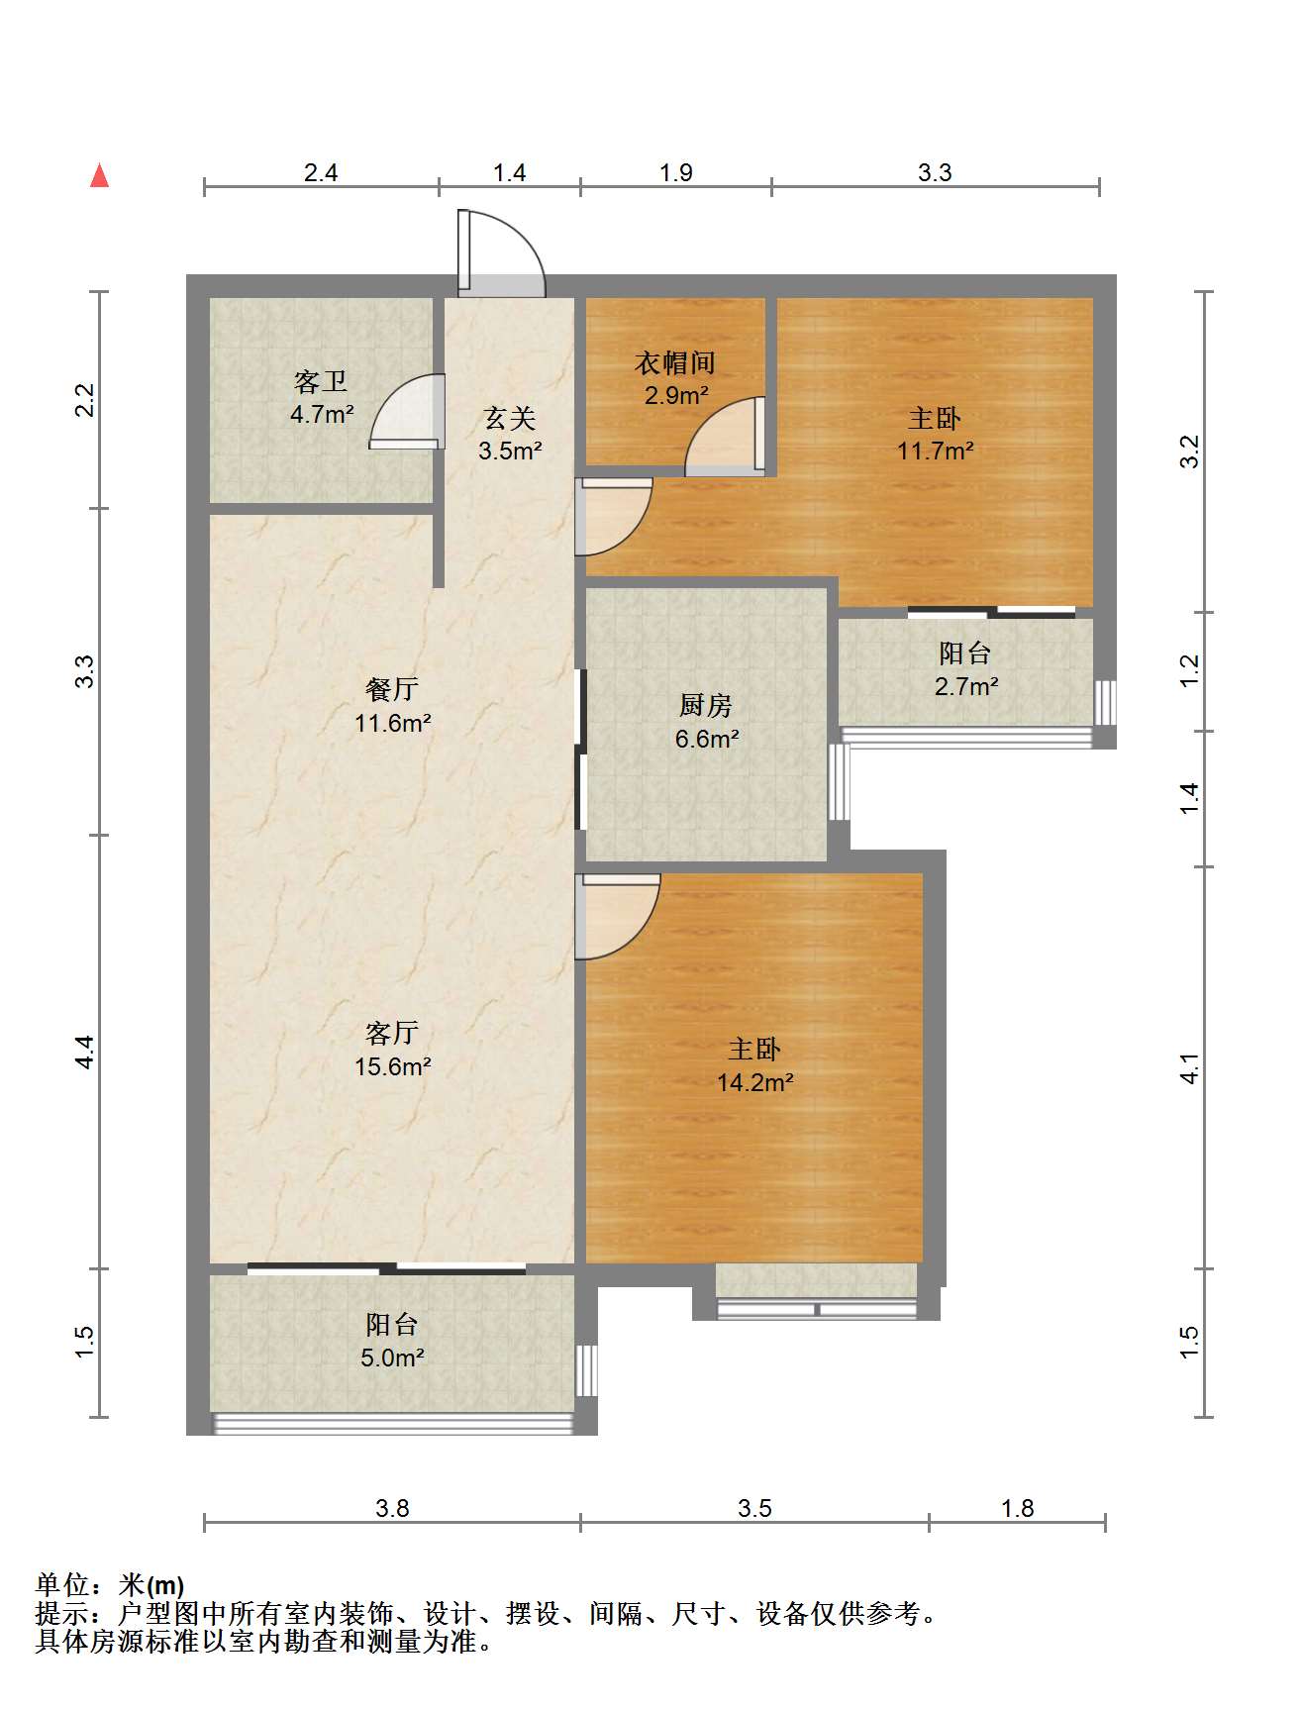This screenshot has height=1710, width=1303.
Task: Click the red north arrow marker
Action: (x=99, y=175)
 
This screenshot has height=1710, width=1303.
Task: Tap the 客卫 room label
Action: (x=321, y=382)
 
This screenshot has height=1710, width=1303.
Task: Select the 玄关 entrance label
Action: (x=510, y=419)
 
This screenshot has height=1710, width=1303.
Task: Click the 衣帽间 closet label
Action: (x=675, y=363)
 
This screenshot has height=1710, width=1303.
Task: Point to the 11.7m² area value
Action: (x=936, y=452)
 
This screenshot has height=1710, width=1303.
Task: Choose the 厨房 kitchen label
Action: (x=706, y=705)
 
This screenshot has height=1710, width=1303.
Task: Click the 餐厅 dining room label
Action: (x=392, y=689)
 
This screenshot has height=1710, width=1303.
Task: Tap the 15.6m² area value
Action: (x=393, y=1066)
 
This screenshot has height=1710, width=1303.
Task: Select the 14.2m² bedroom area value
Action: (x=755, y=1082)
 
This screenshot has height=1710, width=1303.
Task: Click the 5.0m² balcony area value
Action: (x=392, y=1358)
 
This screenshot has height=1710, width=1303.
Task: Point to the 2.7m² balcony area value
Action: (x=966, y=686)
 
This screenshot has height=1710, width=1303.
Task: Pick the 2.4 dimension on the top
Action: (x=321, y=173)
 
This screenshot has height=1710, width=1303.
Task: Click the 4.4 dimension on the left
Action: (x=85, y=1052)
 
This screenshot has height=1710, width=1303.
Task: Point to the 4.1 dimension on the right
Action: (x=1189, y=1068)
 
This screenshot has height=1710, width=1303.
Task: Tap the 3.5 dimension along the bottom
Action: (x=754, y=1508)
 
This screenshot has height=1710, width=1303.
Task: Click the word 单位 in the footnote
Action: (x=62, y=1585)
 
